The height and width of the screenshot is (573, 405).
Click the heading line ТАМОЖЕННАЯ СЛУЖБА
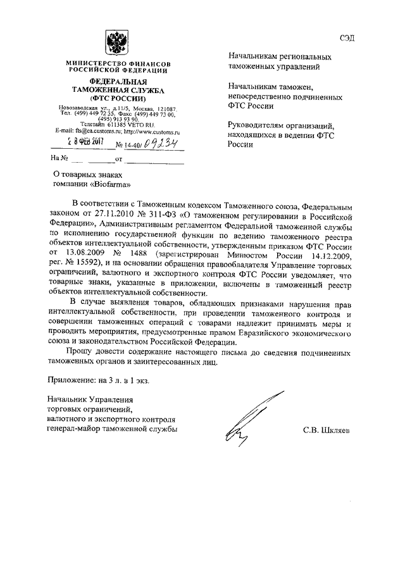pos(114,91)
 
